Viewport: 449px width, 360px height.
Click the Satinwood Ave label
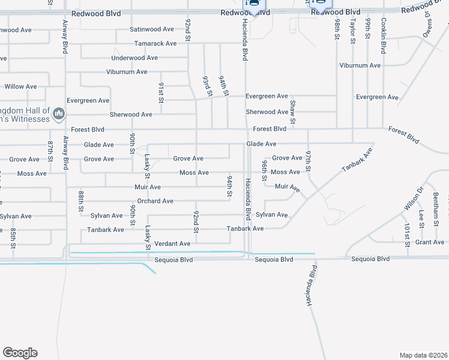[152, 29]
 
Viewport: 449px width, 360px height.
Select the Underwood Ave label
[134, 58]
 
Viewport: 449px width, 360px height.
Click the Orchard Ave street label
[155, 201]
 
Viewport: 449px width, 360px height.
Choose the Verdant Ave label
[172, 244]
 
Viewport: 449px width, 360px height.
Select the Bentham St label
[436, 205]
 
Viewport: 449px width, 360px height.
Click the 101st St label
[407, 235]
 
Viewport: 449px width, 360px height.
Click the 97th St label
[309, 162]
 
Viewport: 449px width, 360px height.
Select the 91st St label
[161, 92]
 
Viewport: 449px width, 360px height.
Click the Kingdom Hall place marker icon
[59, 113]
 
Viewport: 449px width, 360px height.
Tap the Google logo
[20, 353]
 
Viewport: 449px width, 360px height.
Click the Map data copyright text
[423, 355]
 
